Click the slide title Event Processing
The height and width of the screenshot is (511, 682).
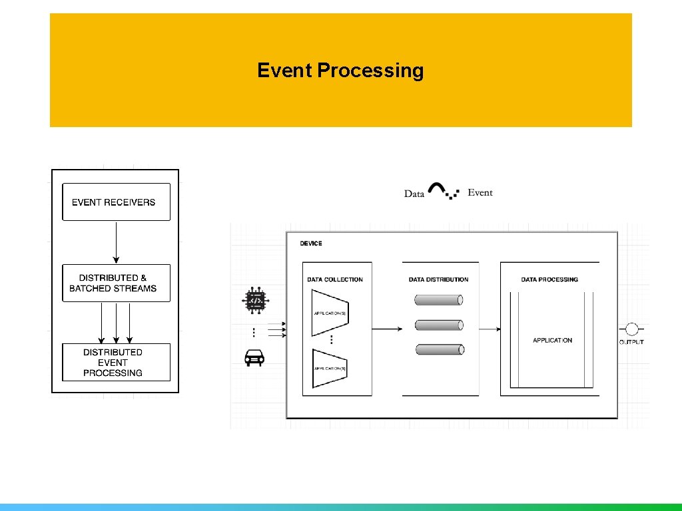pyautogui.click(x=340, y=70)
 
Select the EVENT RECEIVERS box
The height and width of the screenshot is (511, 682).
pyautogui.click(x=116, y=202)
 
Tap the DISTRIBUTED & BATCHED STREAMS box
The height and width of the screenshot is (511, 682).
pyautogui.click(x=116, y=283)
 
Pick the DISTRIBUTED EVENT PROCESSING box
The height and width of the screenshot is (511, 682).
pyautogui.click(x=116, y=362)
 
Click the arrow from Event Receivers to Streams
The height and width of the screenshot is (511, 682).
pyautogui.click(x=116, y=242)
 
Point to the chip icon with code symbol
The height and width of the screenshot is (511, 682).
pyautogui.click(x=254, y=301)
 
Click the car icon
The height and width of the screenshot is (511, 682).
pyautogui.click(x=254, y=358)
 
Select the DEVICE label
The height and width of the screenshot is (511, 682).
pyautogui.click(x=311, y=244)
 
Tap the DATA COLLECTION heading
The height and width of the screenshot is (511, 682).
pyautogui.click(x=335, y=279)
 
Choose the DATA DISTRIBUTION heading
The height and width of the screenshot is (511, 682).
pyautogui.click(x=439, y=279)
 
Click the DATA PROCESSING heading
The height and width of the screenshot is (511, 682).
pyautogui.click(x=549, y=279)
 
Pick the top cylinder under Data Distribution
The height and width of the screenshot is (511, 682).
pyautogui.click(x=439, y=301)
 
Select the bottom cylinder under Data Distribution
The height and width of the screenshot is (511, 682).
pyautogui.click(x=439, y=349)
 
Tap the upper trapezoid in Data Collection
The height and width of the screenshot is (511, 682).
pyautogui.click(x=330, y=313)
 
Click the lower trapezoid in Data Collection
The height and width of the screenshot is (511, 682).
pyautogui.click(x=330, y=368)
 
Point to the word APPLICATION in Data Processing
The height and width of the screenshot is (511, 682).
pyautogui.click(x=552, y=341)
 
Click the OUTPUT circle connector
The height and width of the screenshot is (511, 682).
pyautogui.click(x=631, y=329)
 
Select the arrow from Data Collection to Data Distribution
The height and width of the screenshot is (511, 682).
pyautogui.click(x=387, y=329)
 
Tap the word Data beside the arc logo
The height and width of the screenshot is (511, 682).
pyautogui.click(x=414, y=194)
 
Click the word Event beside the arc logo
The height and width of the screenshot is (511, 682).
pyautogui.click(x=480, y=193)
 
